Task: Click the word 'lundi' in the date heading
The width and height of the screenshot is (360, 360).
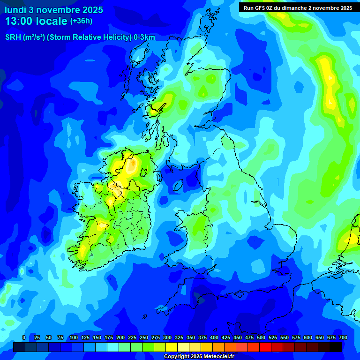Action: (15, 10)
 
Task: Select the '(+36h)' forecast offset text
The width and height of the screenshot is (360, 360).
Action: (81, 21)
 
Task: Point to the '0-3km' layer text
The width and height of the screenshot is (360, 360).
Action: (144, 37)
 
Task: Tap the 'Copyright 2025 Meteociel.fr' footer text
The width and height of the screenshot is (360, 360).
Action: (199, 357)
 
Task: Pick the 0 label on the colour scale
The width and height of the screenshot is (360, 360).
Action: (24, 337)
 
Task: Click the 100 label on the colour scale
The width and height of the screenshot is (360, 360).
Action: (74, 337)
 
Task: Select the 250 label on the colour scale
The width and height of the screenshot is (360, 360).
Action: (144, 337)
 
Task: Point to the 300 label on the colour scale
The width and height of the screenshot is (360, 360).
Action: (167, 337)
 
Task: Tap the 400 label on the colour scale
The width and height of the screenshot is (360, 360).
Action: (214, 337)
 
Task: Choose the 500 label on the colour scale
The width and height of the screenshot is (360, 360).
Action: (261, 337)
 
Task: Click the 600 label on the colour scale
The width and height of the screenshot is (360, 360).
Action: (308, 337)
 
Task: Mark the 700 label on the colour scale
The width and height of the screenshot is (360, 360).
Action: (343, 337)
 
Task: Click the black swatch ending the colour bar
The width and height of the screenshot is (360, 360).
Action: (336, 347)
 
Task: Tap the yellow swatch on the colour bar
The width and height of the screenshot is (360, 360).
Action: (172, 347)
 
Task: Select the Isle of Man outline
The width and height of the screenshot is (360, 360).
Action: (178, 186)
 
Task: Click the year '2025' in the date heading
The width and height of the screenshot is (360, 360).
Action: (91, 10)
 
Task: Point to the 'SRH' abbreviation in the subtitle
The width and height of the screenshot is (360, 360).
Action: (13, 37)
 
